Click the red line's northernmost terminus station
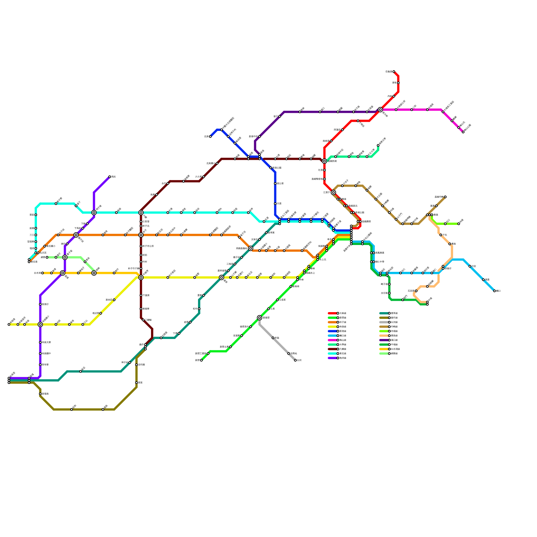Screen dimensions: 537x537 (394, 71)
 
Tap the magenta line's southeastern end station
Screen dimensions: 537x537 (463, 132)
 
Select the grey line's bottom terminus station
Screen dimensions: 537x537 (295, 360)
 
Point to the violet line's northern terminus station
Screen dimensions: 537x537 (110, 177)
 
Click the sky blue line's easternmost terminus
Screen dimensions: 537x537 (494, 291)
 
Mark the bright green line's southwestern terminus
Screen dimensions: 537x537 (201, 360)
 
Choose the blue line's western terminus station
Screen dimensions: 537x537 (210, 137)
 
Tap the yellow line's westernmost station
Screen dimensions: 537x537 (9, 325)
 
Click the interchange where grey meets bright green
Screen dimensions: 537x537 (259, 318)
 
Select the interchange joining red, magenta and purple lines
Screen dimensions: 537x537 (380, 110)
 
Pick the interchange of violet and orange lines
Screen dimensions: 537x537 (76, 235)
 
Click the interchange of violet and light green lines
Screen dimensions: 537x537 (65, 257)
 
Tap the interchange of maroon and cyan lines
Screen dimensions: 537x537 (141, 212)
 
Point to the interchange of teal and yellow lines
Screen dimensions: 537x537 (222, 278)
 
